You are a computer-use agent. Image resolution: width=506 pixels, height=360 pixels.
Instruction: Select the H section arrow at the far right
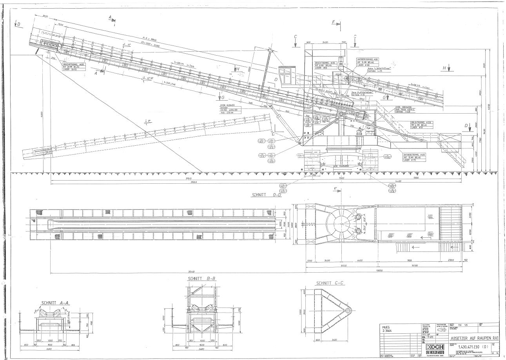445,68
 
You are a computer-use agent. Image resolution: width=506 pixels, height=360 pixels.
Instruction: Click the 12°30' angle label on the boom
149,78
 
